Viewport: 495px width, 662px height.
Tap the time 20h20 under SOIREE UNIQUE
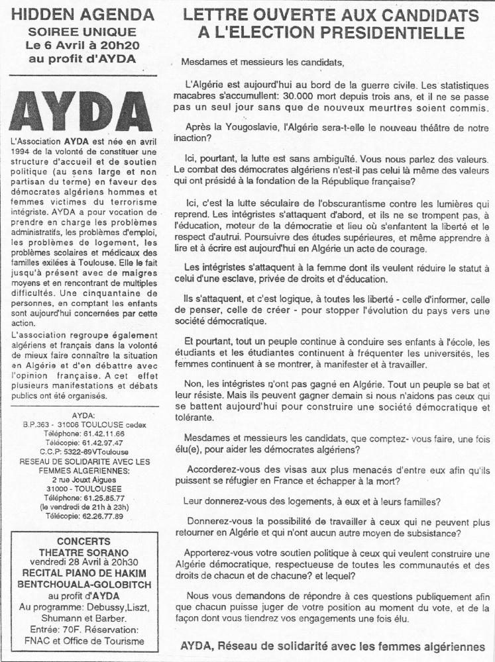[x=122, y=45]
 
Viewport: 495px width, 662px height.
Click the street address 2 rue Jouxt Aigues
[x=83, y=471]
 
